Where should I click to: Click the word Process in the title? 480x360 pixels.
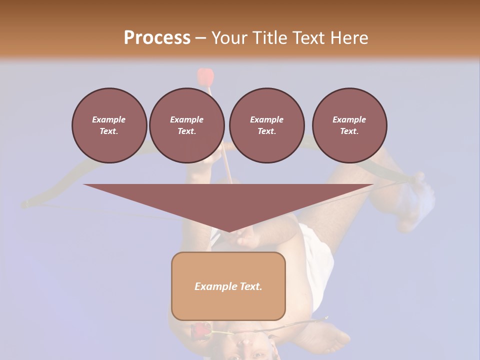[x=157, y=38]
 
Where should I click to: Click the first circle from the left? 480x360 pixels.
[x=109, y=125]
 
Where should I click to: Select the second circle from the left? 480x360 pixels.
[x=186, y=125]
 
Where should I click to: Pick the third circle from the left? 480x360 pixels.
[x=266, y=125]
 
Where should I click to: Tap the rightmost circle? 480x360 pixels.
[x=349, y=125]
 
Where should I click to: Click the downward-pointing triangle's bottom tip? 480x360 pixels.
[x=229, y=230]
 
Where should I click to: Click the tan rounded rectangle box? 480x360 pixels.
[x=228, y=286]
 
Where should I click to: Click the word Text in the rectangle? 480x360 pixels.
[x=251, y=286]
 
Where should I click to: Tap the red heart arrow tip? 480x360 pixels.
[x=205, y=76]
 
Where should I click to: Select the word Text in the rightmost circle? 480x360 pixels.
[x=349, y=131]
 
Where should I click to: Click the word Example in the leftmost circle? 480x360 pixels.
[x=109, y=119]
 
